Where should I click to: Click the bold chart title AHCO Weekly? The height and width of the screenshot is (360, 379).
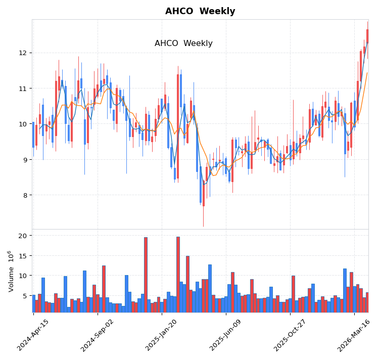point(200,11)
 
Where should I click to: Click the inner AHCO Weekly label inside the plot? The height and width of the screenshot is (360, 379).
point(183,43)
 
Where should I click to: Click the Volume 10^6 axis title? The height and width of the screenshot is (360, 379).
point(11,271)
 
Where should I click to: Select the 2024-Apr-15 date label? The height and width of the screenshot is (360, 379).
point(33,335)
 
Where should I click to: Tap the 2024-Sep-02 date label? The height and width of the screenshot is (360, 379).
point(97,335)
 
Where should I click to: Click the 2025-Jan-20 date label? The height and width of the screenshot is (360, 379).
point(161,335)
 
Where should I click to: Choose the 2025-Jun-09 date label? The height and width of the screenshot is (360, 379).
point(225,335)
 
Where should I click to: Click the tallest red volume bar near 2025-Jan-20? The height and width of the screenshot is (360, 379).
point(178,273)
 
